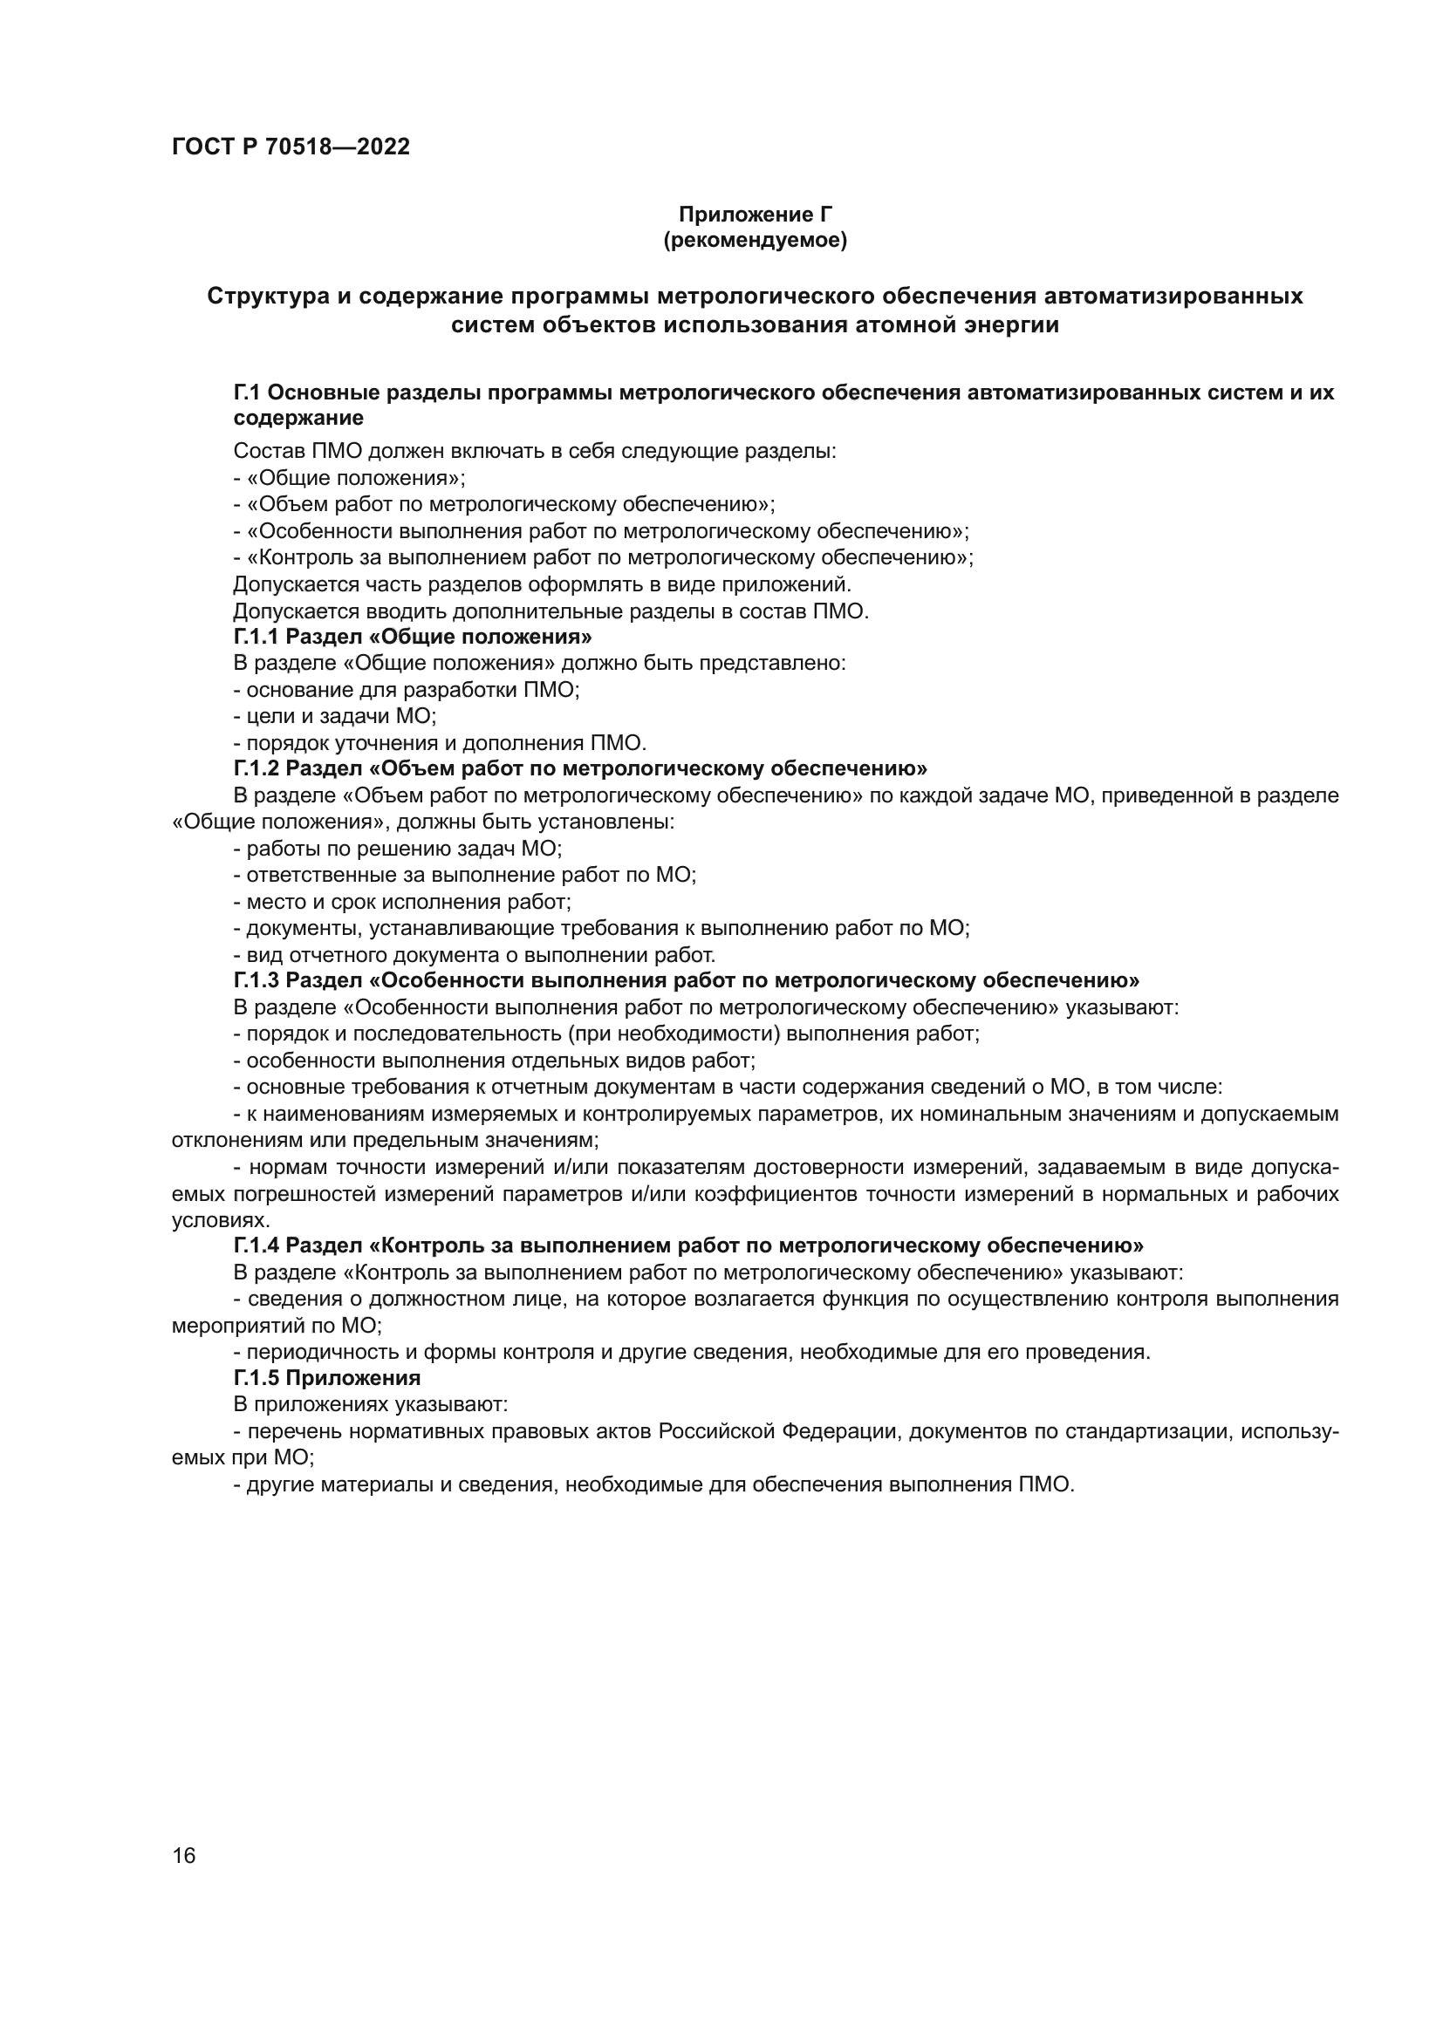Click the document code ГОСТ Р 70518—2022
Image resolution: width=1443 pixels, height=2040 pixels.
tap(291, 147)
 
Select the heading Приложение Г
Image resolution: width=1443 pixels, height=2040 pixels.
tap(756, 215)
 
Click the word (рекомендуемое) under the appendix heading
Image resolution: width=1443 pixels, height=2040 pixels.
tap(756, 240)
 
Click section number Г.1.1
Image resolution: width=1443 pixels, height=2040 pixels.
tap(257, 637)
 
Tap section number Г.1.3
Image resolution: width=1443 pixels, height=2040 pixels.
tap(257, 980)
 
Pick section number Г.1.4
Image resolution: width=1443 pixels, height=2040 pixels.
tap(257, 1245)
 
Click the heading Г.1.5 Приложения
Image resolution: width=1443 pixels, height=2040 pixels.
tap(327, 1378)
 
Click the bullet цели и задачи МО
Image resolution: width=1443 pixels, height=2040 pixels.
tap(335, 716)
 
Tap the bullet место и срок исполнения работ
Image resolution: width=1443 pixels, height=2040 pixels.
tap(402, 902)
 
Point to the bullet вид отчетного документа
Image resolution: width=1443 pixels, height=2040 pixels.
tap(475, 955)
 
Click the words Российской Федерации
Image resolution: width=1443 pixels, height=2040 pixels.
tap(783, 1431)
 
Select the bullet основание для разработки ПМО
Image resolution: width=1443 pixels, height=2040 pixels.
tap(406, 690)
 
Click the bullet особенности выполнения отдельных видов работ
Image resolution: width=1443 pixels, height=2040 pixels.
tap(494, 1061)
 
